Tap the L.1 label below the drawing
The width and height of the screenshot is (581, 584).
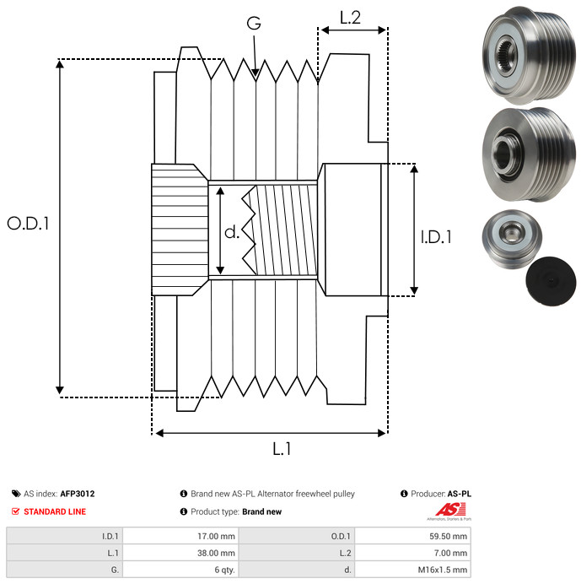click(x=282, y=449)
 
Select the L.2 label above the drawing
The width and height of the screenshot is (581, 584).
click(x=350, y=16)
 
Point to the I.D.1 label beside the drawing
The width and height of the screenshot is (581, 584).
click(x=435, y=238)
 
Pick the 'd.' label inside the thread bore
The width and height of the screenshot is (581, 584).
click(x=232, y=232)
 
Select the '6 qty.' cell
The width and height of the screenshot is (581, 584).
click(x=223, y=570)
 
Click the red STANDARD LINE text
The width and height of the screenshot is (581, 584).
click(x=55, y=511)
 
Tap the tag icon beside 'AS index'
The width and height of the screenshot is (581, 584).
click(x=16, y=494)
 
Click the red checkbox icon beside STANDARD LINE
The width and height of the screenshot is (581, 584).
click(x=16, y=511)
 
